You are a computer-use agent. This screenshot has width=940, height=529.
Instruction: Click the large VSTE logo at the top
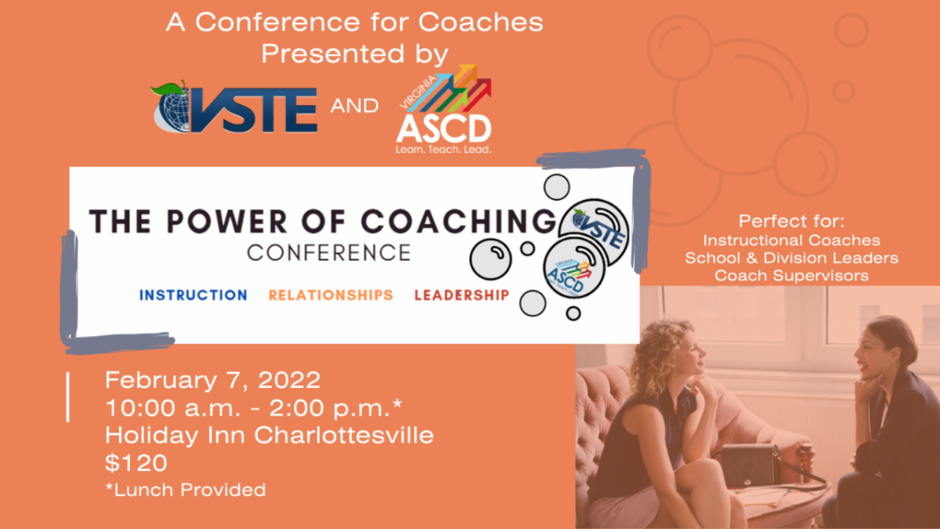click(233, 108)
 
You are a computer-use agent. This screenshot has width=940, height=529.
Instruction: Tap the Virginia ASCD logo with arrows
click(443, 110)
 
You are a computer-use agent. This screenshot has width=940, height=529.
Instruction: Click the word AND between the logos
click(354, 106)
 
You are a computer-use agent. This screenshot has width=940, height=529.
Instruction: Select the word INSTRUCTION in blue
click(193, 295)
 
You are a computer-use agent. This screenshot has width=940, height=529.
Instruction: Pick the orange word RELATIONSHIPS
click(331, 295)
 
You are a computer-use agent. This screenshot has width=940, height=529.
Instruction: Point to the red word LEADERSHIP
click(461, 295)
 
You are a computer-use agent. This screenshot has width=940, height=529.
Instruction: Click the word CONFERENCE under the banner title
click(328, 253)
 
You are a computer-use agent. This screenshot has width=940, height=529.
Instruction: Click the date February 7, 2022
click(212, 381)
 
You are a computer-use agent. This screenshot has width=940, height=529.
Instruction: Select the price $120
click(136, 462)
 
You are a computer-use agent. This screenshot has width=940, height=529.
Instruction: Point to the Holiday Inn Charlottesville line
click(269, 435)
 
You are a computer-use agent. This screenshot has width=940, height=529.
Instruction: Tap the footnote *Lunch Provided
click(185, 491)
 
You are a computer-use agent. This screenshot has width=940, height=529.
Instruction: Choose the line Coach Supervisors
click(791, 276)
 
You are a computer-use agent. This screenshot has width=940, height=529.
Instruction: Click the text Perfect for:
click(791, 221)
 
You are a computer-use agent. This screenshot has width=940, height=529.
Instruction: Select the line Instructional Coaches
click(791, 240)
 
